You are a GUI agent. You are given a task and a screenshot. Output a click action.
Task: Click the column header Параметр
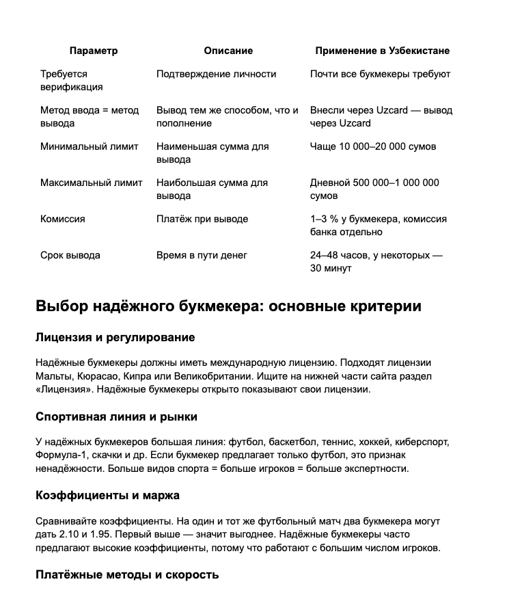(x=94, y=51)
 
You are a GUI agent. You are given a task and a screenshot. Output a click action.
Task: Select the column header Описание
(x=228, y=51)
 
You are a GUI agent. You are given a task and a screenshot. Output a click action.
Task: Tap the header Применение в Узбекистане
(x=382, y=51)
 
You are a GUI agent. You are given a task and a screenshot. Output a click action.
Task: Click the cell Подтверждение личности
(x=216, y=74)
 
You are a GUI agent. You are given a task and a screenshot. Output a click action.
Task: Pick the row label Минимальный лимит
(x=90, y=146)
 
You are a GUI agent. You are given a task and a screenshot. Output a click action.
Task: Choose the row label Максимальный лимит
(x=92, y=183)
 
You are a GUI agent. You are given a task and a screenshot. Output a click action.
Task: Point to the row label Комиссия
(x=63, y=219)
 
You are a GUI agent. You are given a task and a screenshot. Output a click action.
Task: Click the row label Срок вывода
(x=70, y=255)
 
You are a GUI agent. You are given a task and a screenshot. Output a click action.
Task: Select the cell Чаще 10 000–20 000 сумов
(x=372, y=146)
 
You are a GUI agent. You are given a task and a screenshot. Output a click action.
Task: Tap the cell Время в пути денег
(x=202, y=255)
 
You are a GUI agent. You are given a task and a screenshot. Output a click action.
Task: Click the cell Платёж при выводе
(x=202, y=219)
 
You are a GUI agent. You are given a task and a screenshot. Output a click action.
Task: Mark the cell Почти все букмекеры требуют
(x=380, y=74)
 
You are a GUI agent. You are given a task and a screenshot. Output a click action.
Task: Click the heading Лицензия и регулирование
(x=115, y=337)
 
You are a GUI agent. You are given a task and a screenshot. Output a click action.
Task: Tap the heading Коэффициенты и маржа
(x=107, y=494)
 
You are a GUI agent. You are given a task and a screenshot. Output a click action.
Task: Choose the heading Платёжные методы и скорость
(x=127, y=574)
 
